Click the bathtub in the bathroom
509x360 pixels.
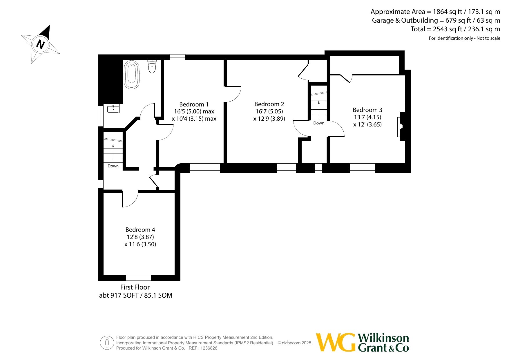(132, 75)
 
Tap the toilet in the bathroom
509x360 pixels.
(152, 66)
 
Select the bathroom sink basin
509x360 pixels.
(113, 109)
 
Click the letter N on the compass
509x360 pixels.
(41, 44)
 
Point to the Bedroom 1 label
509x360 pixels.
(194, 104)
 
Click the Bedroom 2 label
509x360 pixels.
(269, 104)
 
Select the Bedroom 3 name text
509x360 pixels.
(367, 110)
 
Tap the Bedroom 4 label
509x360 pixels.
(140, 230)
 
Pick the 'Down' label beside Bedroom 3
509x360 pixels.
(319, 123)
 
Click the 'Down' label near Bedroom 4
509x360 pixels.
(113, 166)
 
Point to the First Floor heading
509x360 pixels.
(135, 287)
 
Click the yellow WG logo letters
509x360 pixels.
(335, 342)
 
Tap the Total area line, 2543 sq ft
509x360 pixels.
(455, 29)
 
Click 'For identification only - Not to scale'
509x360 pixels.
(465, 38)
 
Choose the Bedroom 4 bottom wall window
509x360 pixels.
(138, 278)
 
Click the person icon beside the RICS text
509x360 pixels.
(107, 343)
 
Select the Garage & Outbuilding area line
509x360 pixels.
(436, 20)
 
